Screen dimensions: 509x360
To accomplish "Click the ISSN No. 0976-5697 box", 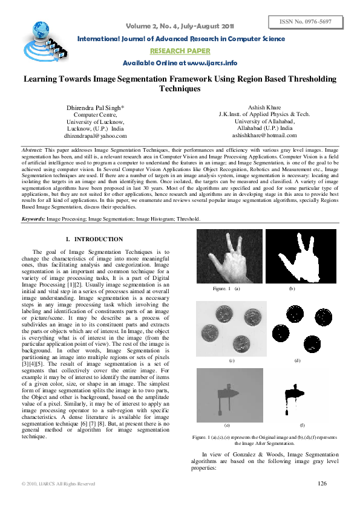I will (x=306, y=22).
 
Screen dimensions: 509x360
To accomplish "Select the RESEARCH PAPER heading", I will (x=180, y=51).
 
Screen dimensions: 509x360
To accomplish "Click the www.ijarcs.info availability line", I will (x=180, y=63).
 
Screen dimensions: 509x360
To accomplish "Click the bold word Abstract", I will (x=31, y=149).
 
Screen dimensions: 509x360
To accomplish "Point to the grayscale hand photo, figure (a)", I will (x=229, y=257).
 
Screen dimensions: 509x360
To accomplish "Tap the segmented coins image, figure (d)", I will (x=297, y=327).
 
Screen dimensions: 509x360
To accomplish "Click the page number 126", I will (x=322, y=483).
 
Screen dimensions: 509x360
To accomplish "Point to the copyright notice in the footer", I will (x=58, y=484).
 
